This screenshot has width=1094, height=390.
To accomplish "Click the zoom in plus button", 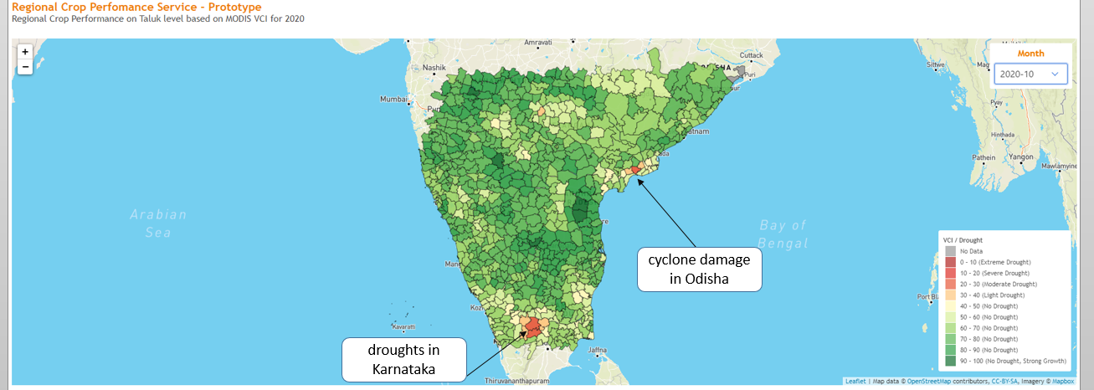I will point(25,51).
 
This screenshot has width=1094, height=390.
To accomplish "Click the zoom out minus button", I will point(25,66).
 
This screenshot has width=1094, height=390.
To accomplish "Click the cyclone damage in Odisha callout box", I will point(699,269).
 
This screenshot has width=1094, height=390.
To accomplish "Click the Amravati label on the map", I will point(538,42).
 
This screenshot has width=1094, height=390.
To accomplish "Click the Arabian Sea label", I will point(158,223).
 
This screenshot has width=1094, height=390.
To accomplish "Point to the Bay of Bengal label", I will point(783,233).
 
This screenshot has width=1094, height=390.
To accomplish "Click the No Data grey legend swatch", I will point(949,251).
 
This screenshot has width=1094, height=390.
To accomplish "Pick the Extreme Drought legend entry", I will point(983,262).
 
